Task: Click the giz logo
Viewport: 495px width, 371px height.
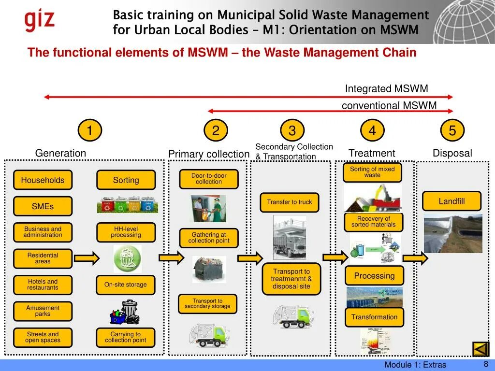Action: [40, 20]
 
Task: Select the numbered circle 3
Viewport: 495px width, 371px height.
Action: [292, 130]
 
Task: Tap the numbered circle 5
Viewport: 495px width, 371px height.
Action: [452, 130]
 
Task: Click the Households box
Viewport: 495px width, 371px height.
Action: [43, 180]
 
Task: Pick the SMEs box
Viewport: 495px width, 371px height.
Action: [43, 206]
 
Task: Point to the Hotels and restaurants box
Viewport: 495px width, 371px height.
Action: [43, 285]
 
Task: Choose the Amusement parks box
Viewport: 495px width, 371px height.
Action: [43, 311]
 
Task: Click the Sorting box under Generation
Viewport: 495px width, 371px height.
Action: [126, 180]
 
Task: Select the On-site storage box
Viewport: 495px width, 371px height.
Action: [126, 285]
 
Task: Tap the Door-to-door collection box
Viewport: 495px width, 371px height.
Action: [209, 179]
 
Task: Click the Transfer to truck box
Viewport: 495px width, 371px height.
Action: [290, 202]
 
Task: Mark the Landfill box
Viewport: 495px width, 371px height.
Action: [451, 201]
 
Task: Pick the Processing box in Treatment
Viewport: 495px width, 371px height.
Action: [374, 276]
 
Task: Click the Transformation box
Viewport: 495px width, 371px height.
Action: [374, 317]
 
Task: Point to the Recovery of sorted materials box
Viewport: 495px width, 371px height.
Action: [373, 222]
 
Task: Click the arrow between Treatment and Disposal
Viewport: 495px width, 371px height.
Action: [415, 258]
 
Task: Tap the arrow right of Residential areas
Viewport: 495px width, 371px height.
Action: [87, 258]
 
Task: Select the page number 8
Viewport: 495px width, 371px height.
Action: [486, 364]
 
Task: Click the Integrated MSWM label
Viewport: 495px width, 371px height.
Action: [386, 89]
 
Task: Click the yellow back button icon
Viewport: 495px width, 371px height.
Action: [480, 349]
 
